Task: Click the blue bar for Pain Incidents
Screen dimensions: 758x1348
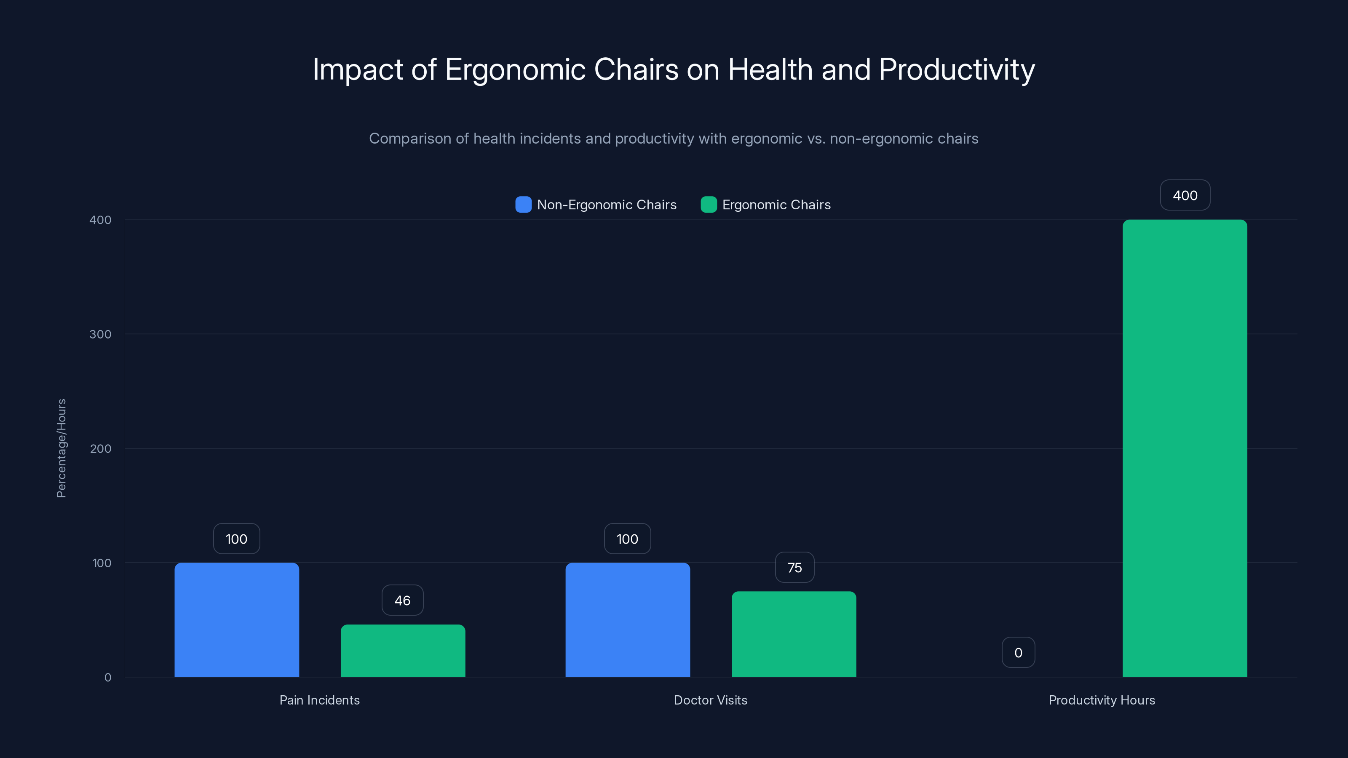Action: tap(236, 620)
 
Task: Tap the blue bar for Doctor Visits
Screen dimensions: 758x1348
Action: tap(627, 620)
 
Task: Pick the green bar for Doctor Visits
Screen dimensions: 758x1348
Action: tap(794, 634)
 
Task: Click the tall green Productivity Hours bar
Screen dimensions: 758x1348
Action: tap(1185, 448)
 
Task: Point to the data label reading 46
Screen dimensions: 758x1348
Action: tap(402, 601)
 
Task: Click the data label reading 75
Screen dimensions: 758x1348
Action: tap(794, 568)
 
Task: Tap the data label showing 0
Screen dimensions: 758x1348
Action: tap(1018, 653)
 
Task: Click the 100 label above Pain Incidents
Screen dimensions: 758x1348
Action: tap(236, 539)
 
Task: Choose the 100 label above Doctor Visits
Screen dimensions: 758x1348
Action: tap(627, 539)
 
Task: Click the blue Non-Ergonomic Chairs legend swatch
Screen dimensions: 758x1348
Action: tap(523, 205)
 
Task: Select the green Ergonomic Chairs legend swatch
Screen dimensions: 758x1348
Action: tap(709, 205)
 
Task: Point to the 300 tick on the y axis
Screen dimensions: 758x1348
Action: tap(101, 334)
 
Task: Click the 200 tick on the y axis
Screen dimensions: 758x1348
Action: tap(101, 449)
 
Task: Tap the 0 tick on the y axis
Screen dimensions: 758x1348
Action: tap(108, 678)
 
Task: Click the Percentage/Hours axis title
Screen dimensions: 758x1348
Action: tap(61, 448)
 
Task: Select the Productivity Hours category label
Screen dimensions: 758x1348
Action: tap(1102, 700)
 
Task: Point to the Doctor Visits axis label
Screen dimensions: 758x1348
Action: tap(710, 700)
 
